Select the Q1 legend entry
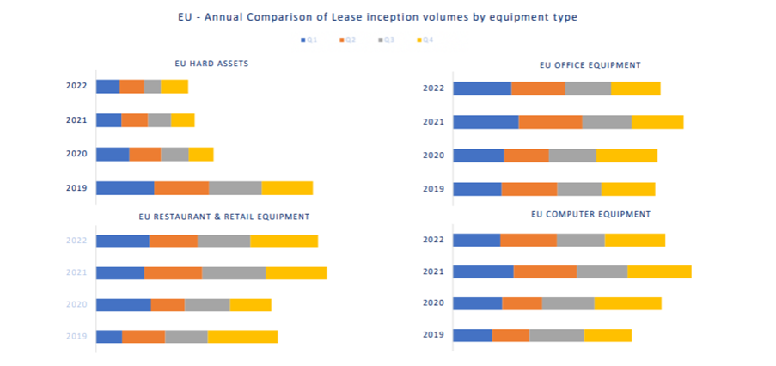coord(309,40)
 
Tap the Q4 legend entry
coord(423,40)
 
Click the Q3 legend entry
coord(385,40)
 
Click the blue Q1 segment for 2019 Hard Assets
coord(125,188)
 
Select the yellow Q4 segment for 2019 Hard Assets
coord(287,188)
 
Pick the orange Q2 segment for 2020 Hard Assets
coord(145,154)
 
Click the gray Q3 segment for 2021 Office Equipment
coord(607,122)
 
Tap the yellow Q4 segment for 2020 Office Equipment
coord(626,156)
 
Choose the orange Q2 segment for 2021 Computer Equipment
coord(545,271)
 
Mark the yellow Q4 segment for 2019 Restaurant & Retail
coord(242,336)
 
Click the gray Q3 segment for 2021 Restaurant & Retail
coord(234,273)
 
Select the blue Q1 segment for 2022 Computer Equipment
coord(476,240)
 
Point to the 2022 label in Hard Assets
coord(76,86)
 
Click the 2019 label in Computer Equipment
coord(433,335)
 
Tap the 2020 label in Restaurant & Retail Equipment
coord(76,305)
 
